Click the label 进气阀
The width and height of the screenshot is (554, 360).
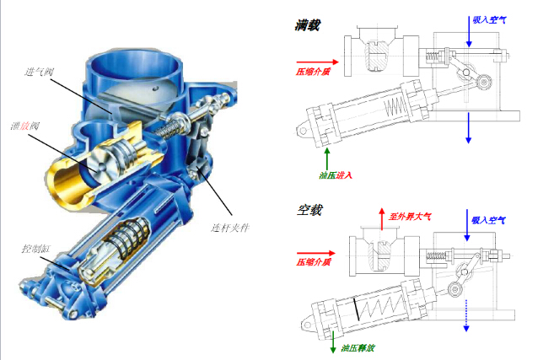pos(39,72)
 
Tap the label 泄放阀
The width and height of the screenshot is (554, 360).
pos(25,126)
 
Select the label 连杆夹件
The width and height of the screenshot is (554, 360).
pos(230,228)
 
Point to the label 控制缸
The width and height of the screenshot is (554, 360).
pos(36,249)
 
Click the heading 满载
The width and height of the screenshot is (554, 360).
pos(308,25)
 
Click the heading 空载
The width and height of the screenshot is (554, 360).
pos(309,210)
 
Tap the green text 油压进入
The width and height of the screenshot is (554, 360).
pos(336,175)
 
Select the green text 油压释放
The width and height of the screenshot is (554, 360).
pos(358,348)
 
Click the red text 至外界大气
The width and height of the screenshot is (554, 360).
pos(410,216)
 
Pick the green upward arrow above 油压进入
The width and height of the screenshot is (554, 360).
pos(327,159)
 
